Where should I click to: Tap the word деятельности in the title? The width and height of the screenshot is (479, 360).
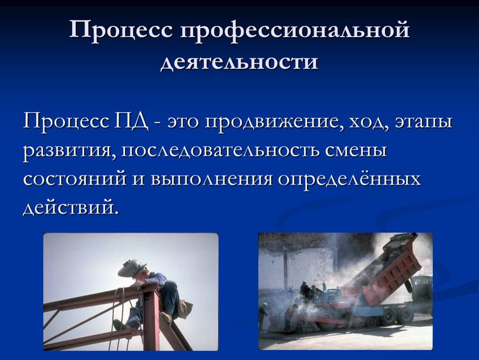click(x=239, y=60)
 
